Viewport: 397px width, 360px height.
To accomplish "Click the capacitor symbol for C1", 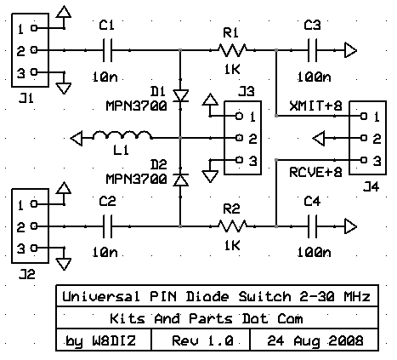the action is coord(107,50).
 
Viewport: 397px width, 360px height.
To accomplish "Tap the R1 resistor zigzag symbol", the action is coord(232,50).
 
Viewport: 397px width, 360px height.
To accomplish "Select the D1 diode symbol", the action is coord(180,95).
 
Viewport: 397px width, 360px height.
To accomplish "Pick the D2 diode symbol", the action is coord(180,180).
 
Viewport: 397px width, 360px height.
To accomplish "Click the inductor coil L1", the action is coord(122,135).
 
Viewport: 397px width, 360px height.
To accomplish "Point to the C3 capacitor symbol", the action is coord(312,50).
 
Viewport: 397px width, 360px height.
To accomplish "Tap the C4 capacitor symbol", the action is coord(312,226).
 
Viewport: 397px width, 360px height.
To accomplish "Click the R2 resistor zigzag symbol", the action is coord(232,226).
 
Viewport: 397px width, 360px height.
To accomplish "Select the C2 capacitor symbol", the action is coord(107,226).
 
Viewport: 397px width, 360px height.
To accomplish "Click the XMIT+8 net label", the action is coord(315,106).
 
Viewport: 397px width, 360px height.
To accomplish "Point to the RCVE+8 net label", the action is coord(315,172).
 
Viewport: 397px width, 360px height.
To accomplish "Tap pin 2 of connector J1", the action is coord(34,50).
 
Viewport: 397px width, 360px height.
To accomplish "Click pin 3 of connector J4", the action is coord(364,160).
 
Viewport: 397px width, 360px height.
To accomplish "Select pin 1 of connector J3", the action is coord(240,116).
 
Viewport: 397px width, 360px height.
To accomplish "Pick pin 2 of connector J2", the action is coord(34,226).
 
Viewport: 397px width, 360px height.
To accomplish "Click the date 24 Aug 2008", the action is coord(315,340).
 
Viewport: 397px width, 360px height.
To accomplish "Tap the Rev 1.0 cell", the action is coord(203,340).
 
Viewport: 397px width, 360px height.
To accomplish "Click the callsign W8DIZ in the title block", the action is coord(114,340).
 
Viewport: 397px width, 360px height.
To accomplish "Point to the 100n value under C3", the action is coord(314,77).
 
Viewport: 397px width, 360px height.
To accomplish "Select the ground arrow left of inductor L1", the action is coord(77,138).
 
